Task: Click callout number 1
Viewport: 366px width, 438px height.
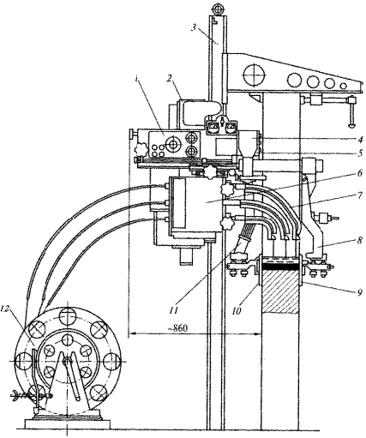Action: point(138,79)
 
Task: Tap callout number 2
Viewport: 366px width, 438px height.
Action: point(170,78)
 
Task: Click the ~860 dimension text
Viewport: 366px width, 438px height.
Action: point(178,328)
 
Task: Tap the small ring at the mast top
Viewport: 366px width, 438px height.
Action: point(219,9)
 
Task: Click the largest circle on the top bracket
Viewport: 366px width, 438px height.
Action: point(254,75)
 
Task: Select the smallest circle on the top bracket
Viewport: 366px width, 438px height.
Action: point(344,86)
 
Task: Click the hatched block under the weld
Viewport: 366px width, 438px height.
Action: point(280,291)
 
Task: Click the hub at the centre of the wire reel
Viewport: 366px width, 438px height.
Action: point(67,361)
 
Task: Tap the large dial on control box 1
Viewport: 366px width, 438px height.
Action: point(172,145)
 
